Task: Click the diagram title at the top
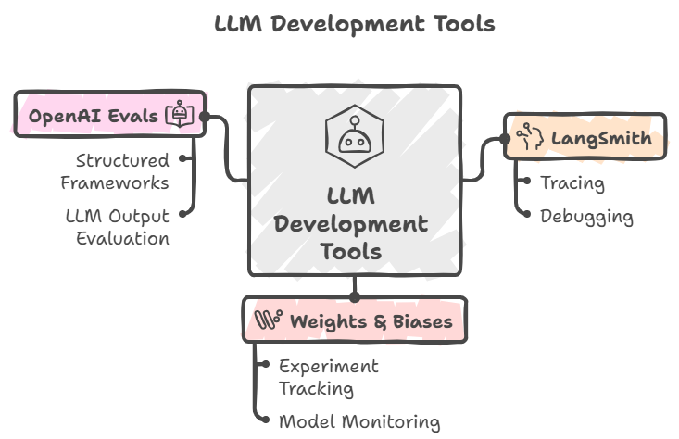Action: [x=354, y=24]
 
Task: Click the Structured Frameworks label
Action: [x=115, y=171]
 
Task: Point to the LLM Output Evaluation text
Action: [x=117, y=228]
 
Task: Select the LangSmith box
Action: [x=585, y=139]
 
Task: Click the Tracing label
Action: [x=573, y=183]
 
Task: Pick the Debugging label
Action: [x=587, y=218]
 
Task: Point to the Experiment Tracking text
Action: [x=329, y=377]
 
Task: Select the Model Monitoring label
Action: [x=359, y=422]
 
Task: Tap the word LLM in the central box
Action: [x=351, y=196]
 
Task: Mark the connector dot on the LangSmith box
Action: [x=505, y=139]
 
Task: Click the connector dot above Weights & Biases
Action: [x=354, y=297]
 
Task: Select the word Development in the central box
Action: [x=351, y=223]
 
